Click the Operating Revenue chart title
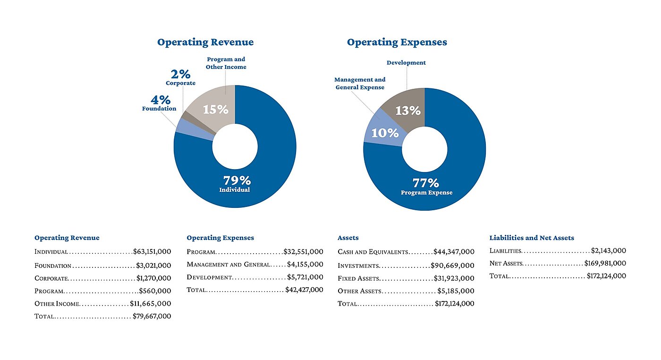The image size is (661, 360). [x=205, y=43]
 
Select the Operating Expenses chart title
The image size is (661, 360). [x=397, y=43]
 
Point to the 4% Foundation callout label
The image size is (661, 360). [x=160, y=103]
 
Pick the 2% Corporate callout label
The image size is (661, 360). [x=180, y=77]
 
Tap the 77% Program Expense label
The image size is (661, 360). [x=426, y=186]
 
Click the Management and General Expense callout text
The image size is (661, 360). [x=360, y=84]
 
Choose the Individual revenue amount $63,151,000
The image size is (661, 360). [x=152, y=252]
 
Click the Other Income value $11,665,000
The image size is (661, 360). [x=151, y=304]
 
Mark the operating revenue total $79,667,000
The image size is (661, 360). [x=151, y=317]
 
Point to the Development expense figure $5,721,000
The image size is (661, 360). [x=305, y=277]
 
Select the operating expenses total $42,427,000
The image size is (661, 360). [x=304, y=290]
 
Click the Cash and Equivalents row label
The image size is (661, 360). [x=373, y=252]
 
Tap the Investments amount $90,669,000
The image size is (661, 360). [x=452, y=266]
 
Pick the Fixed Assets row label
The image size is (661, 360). [x=358, y=278]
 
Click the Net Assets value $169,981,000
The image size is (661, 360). [x=605, y=264]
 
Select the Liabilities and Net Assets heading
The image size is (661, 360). [x=532, y=238]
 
